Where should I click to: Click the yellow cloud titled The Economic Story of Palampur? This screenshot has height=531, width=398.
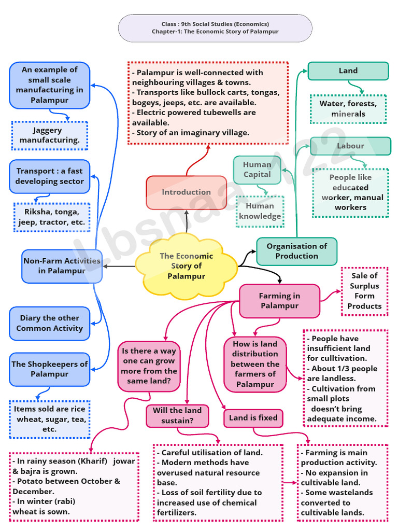coord(186,266)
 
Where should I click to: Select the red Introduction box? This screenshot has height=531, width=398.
coord(186,192)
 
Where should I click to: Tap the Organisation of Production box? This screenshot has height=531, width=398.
coord(296,251)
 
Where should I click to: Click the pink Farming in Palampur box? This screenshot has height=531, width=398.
coord(279,301)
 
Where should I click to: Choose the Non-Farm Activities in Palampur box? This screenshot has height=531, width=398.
coord(62,266)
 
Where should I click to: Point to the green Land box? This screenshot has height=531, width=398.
coord(348,71)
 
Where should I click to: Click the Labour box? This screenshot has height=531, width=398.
coord(350,146)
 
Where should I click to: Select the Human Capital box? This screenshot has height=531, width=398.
coord(257,170)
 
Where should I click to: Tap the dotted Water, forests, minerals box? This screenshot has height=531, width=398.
coord(348,109)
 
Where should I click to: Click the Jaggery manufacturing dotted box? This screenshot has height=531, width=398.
coord(49,135)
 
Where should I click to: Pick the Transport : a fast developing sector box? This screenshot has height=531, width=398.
coord(49,176)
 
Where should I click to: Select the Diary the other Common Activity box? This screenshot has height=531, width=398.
coord(49,323)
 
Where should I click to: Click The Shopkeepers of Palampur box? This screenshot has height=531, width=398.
coord(49,369)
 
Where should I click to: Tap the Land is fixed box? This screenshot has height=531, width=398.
coord(253,418)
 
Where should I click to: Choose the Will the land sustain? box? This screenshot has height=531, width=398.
coord(177,415)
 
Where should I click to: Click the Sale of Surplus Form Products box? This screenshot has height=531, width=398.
coord(364,291)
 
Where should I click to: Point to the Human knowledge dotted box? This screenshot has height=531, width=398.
coord(260,212)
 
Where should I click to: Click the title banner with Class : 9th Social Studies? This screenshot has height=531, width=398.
coord(215,28)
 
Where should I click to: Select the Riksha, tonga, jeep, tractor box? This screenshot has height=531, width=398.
coord(51,217)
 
